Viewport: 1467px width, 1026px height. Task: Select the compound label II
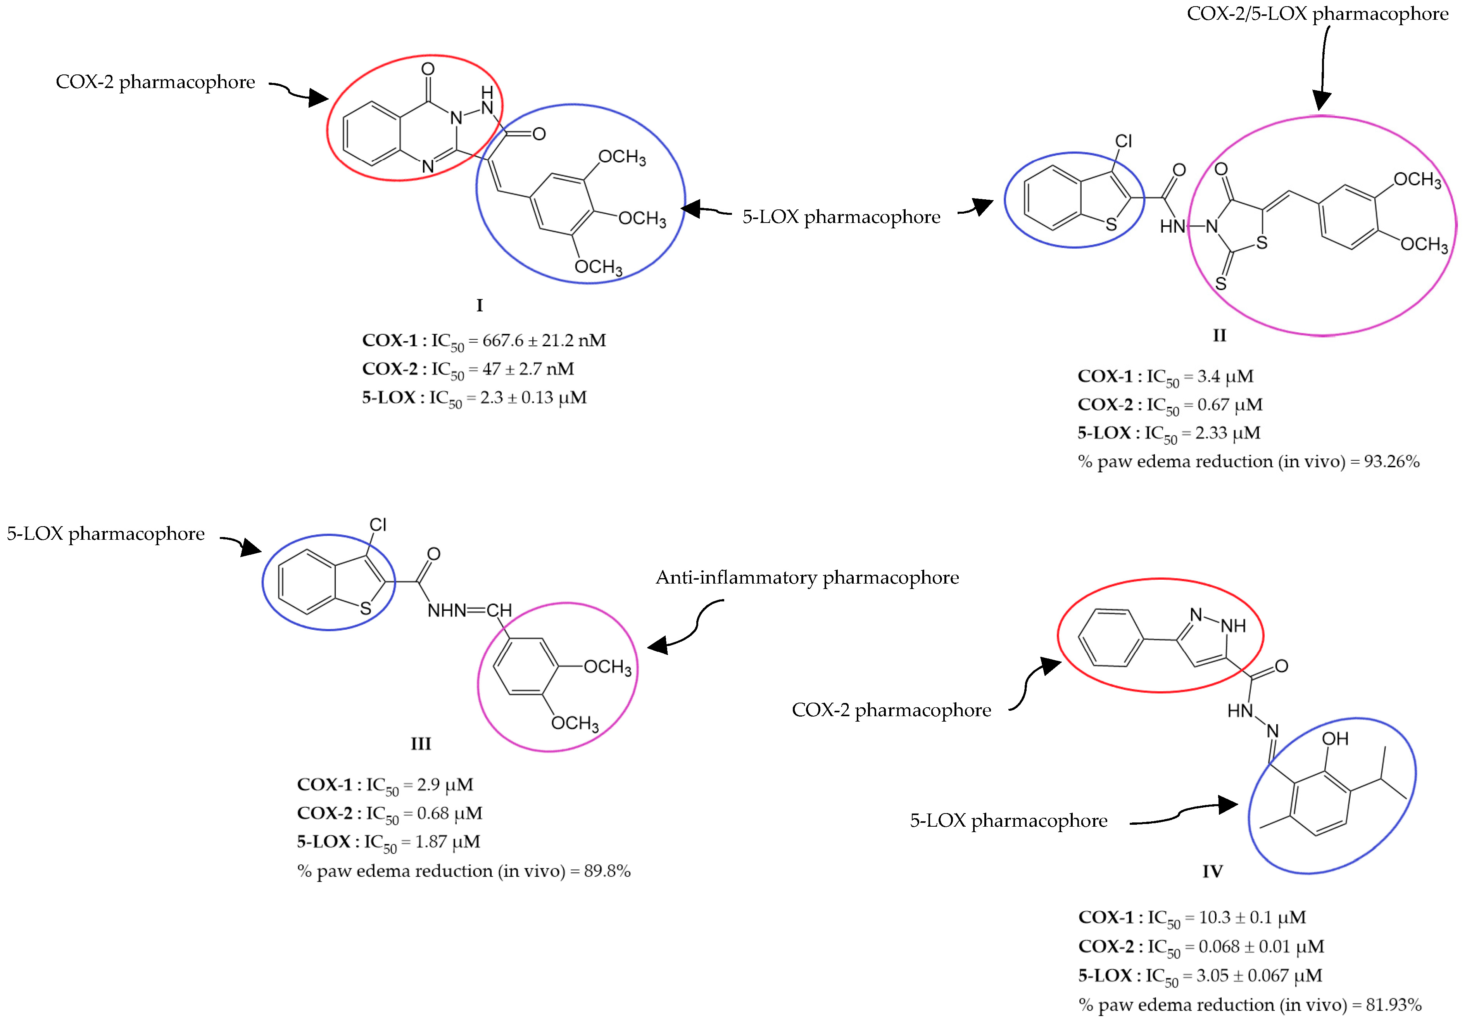tap(1219, 335)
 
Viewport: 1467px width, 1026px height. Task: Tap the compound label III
tap(420, 744)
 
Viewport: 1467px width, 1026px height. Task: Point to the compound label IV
tap(1212, 871)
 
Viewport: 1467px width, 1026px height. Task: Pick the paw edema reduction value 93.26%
tap(1392, 461)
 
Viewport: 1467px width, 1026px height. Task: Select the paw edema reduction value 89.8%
tap(607, 871)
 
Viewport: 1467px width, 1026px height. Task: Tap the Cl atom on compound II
tap(1123, 141)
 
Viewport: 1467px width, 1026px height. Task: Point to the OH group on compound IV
tap(1335, 739)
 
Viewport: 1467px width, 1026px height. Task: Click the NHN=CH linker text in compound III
tap(469, 611)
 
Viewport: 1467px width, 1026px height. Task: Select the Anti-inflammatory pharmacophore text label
tap(807, 577)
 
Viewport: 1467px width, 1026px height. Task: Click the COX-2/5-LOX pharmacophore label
tap(1317, 14)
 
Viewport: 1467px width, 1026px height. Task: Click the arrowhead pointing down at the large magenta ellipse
tap(1321, 101)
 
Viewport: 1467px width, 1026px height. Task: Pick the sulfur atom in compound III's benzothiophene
tap(366, 608)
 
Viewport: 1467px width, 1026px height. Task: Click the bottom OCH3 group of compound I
tap(598, 266)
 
